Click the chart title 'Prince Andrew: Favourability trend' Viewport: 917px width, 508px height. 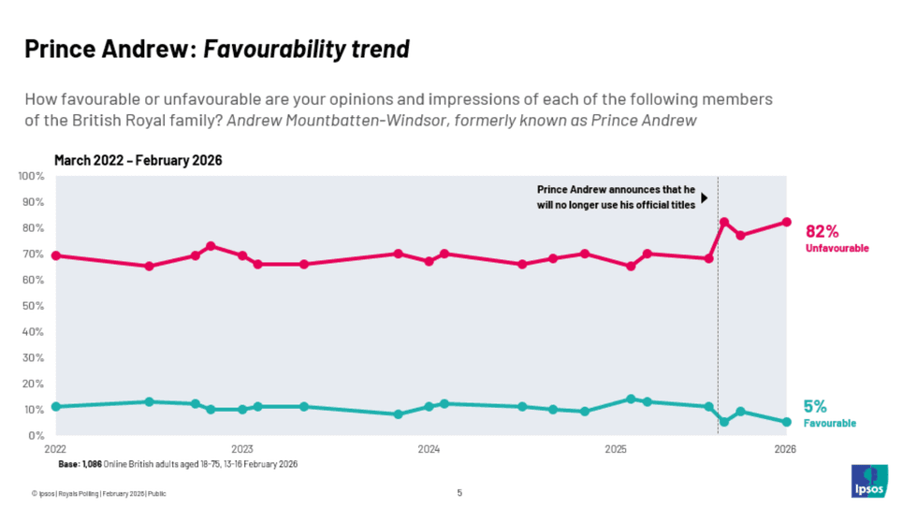217,49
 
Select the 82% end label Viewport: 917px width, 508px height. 822,231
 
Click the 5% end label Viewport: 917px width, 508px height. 815,406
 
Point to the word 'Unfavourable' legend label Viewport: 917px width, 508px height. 837,249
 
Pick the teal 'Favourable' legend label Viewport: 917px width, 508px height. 829,424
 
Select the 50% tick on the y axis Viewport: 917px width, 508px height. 34,306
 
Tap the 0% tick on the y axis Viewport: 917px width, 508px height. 36,436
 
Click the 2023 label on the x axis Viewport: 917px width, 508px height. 242,449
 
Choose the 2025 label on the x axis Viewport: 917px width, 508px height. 616,449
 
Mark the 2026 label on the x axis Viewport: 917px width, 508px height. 785,449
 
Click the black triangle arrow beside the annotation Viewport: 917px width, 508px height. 704,197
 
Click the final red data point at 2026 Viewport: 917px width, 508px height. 786,223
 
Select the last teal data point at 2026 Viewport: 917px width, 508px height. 786,422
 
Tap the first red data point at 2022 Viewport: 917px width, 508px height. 56,255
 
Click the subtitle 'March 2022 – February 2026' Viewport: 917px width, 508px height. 138,161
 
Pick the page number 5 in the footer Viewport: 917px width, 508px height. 459,493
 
